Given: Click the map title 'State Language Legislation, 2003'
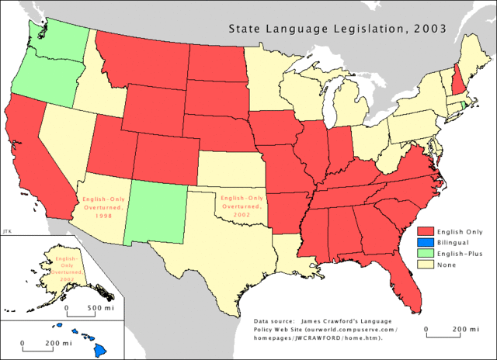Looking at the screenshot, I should click(335, 29).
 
